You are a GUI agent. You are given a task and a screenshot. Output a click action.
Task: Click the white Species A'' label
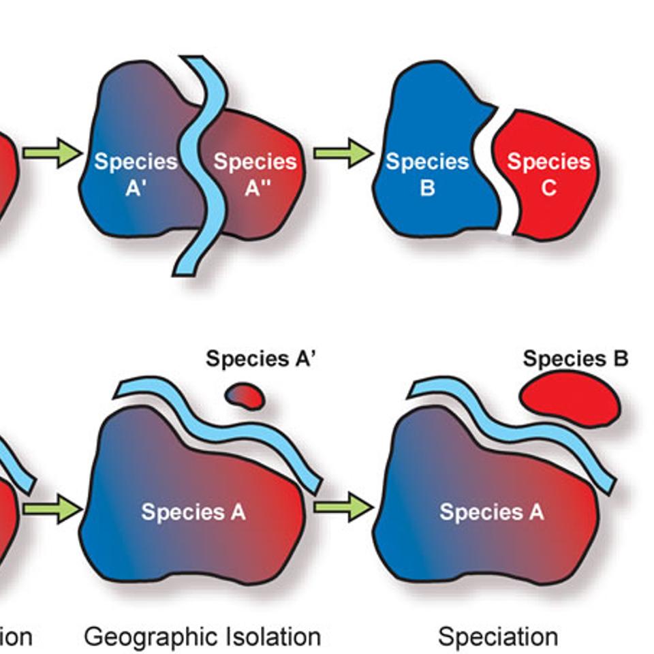(x=255, y=174)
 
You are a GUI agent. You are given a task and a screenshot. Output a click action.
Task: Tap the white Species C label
(x=548, y=174)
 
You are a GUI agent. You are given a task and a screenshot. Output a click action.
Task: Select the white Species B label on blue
(x=427, y=174)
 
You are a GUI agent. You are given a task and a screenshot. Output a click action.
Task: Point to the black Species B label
(x=575, y=358)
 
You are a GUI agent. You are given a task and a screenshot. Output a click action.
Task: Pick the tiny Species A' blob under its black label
(x=245, y=395)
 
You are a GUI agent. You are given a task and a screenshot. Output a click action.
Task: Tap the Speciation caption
(x=497, y=637)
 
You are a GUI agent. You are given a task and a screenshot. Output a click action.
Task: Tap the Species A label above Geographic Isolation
(x=193, y=512)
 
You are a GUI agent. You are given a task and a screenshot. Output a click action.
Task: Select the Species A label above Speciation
(x=491, y=512)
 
